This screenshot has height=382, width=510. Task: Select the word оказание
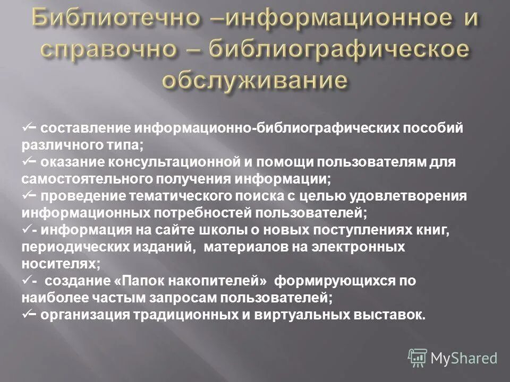click(x=72, y=162)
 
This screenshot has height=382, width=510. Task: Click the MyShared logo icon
click(x=418, y=357)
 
